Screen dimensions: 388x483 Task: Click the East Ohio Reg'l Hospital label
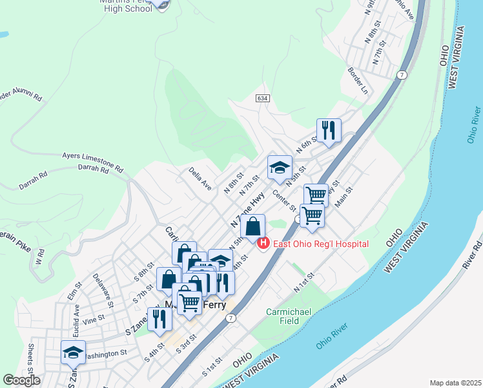pyautogui.click(x=321, y=244)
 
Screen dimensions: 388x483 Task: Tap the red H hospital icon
pyautogui.click(x=263, y=243)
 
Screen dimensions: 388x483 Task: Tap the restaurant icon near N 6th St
pyautogui.click(x=329, y=130)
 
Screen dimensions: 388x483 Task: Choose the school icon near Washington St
pyautogui.click(x=73, y=352)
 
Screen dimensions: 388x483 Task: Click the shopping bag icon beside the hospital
pyautogui.click(x=252, y=227)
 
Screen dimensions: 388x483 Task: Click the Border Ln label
pyautogui.click(x=357, y=81)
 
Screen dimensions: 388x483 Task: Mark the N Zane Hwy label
pyautogui.click(x=248, y=211)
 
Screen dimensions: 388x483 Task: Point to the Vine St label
pyautogui.click(x=93, y=319)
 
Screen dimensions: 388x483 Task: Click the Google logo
pyautogui.click(x=22, y=380)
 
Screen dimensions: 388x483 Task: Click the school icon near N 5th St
pyautogui.click(x=280, y=167)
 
